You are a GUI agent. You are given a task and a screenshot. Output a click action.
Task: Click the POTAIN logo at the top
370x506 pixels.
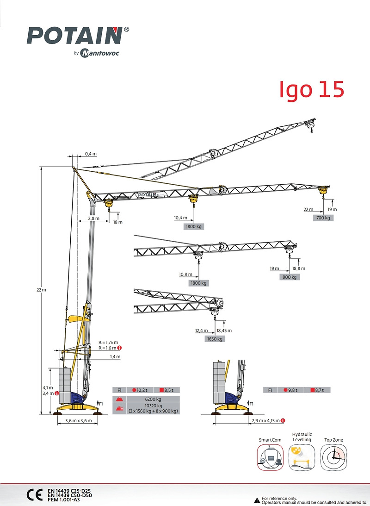click(76, 36)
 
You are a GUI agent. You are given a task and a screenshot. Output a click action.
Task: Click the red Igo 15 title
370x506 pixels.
click(311, 89)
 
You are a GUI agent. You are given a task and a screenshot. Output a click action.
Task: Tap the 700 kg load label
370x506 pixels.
click(323, 218)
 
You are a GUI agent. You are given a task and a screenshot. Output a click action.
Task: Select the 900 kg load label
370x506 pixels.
click(290, 277)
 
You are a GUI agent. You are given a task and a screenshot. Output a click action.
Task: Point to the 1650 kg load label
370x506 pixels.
click(215, 339)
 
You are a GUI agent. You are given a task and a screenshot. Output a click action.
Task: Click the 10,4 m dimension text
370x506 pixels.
click(181, 218)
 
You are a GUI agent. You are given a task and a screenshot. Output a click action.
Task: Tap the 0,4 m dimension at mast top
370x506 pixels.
click(91, 154)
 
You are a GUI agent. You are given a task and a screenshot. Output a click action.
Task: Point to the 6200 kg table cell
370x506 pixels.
click(152, 399)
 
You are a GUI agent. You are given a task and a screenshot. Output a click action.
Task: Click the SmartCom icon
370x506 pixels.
click(270, 457)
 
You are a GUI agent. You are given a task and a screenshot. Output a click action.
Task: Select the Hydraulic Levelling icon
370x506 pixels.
click(302, 457)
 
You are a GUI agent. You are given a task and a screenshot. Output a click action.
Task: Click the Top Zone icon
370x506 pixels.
click(333, 457)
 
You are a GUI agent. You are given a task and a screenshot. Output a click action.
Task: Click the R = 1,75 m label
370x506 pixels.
click(108, 342)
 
